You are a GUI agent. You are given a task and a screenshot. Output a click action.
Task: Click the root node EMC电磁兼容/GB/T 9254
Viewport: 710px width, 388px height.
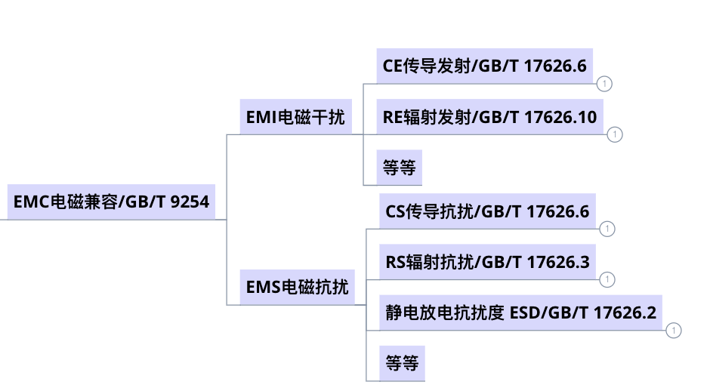click(111, 202)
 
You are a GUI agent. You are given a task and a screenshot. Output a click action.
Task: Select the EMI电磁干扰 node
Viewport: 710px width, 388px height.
click(295, 117)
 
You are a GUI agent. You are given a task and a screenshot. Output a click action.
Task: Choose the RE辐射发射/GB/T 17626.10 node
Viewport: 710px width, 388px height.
click(489, 117)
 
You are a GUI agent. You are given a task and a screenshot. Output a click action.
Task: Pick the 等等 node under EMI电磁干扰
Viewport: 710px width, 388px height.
click(400, 168)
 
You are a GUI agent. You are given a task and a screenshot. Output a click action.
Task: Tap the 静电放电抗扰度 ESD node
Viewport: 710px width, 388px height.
click(520, 312)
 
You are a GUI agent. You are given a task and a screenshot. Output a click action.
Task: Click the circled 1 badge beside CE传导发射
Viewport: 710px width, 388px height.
click(604, 84)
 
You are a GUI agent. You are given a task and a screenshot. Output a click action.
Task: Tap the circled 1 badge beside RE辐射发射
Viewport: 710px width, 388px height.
click(615, 135)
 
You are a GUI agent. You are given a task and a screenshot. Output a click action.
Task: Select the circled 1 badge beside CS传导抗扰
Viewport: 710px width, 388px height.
click(607, 229)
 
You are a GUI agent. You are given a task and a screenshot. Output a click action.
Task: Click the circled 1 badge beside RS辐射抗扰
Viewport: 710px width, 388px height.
click(607, 280)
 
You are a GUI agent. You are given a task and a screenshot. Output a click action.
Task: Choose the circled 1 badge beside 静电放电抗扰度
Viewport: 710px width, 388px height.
click(674, 330)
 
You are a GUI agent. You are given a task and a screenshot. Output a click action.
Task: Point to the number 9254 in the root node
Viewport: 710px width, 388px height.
click(190, 202)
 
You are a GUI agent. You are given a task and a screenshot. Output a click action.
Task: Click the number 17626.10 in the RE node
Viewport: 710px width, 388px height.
click(560, 117)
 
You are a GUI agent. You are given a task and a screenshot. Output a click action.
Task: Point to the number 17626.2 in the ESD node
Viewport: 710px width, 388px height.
click(625, 312)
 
